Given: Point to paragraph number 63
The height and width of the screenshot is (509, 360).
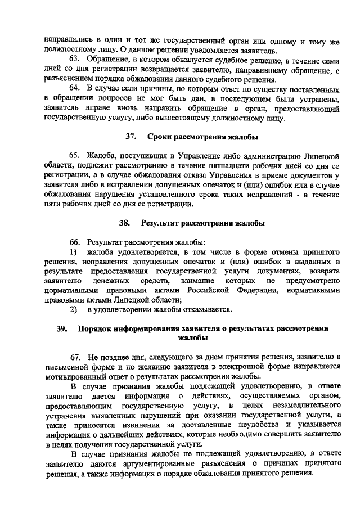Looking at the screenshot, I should tap(76, 59).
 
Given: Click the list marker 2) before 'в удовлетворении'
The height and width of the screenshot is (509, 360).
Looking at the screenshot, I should tap(73, 309).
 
